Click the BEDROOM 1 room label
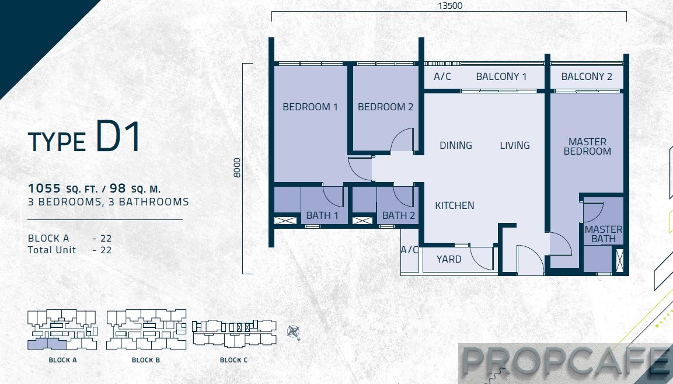[310, 107]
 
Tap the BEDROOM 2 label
[385, 107]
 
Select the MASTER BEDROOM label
[587, 146]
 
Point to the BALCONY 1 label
[501, 77]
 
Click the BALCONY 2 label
[586, 77]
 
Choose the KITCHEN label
[455, 205]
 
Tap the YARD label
[449, 259]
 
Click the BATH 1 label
[322, 215]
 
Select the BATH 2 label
[398, 215]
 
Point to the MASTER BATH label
[604, 234]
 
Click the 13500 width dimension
[450, 6]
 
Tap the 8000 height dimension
[238, 167]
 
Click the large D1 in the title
[118, 137]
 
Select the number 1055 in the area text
[44, 188]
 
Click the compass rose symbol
[293, 332]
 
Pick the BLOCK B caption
[145, 360]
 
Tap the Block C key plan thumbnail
[234, 333]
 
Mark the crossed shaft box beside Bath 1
[285, 221]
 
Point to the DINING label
[455, 145]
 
